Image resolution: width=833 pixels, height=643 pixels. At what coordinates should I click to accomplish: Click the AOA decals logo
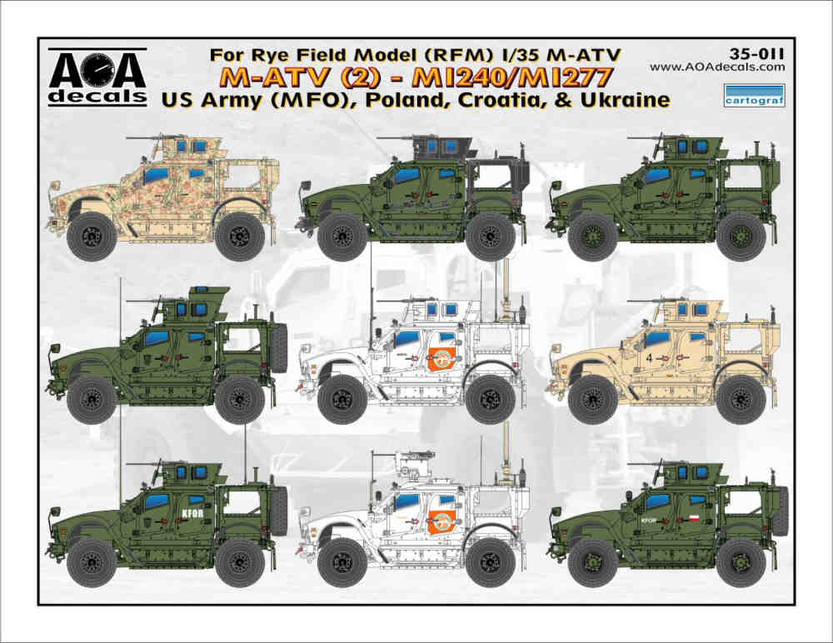point(97,77)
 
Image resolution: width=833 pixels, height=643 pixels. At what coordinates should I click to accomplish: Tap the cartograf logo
point(755,95)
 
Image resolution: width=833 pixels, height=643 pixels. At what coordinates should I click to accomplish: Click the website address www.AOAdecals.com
point(716,67)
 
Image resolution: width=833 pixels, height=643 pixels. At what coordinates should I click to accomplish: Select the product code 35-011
point(757,53)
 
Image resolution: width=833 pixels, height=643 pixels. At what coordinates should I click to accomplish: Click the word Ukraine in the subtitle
point(625,99)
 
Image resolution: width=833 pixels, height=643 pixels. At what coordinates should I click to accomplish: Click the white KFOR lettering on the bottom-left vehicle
point(192,514)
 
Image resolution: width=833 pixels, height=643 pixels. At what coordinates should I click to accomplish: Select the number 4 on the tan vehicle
point(649,357)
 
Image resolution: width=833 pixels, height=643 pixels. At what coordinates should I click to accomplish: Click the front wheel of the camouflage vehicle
point(92,236)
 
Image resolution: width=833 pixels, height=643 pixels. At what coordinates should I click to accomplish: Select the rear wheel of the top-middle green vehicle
point(491,236)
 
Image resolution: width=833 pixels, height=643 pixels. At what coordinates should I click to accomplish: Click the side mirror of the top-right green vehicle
point(557,186)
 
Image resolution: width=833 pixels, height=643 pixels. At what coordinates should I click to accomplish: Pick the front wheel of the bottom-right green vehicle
point(593,562)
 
